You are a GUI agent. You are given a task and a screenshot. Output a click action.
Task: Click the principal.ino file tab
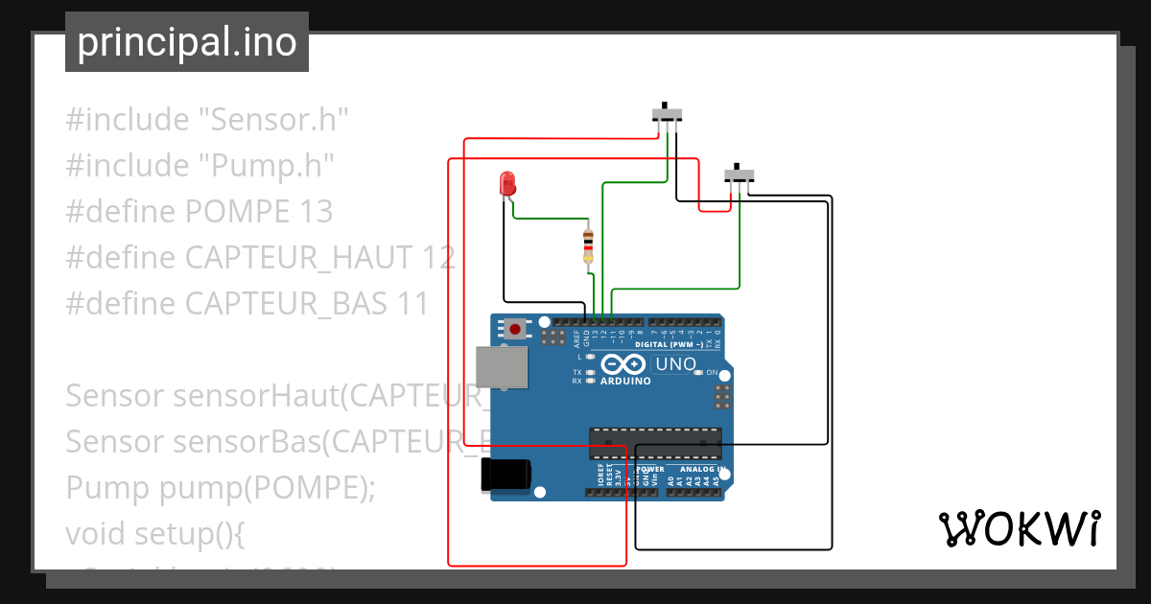tap(187, 42)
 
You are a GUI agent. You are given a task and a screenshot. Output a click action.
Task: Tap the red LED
tap(506, 182)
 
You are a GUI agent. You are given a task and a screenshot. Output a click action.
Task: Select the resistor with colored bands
tap(588, 245)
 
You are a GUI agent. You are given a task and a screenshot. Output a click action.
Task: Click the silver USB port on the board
tap(502, 367)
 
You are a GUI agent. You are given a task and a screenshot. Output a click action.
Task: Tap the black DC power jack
tap(505, 475)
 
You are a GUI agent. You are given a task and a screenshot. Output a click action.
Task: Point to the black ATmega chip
tap(655, 444)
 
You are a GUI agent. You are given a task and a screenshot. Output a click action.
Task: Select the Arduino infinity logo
tap(624, 365)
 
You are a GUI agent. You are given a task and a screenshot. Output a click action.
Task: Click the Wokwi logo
tap(1019, 529)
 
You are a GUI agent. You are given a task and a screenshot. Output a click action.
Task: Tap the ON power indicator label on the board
tap(713, 372)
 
